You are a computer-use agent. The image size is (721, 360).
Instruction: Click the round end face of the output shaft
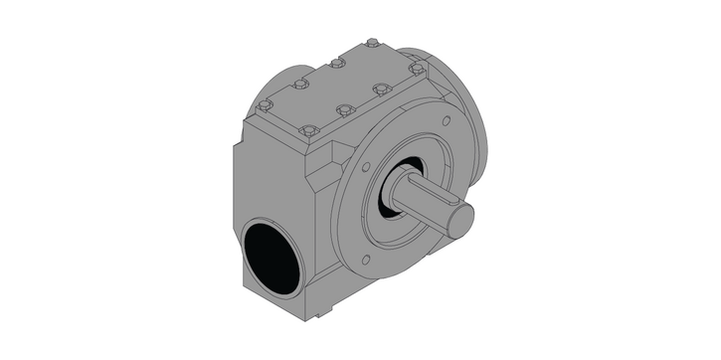[x=460, y=221]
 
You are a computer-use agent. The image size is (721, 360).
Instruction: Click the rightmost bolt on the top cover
[x=417, y=69]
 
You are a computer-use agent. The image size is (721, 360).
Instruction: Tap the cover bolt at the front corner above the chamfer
[x=308, y=129]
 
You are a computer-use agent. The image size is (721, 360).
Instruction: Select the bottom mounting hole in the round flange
[x=366, y=261]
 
